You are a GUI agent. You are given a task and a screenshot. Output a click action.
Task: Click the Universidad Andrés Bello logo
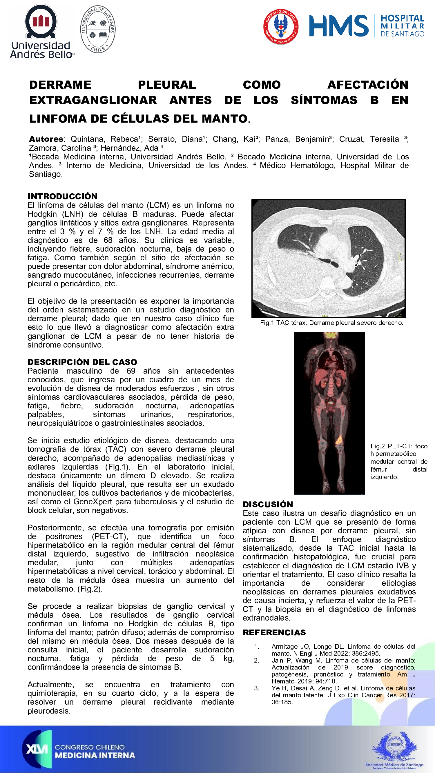41,32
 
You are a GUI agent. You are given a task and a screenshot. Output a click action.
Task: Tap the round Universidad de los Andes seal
97,29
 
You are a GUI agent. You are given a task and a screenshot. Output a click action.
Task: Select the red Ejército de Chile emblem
281,26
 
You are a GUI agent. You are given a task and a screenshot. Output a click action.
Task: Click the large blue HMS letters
339,26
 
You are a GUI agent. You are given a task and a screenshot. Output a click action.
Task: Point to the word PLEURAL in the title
167,85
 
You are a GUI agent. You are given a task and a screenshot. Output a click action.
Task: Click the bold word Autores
46,139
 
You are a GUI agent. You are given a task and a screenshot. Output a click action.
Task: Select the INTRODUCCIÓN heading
62,196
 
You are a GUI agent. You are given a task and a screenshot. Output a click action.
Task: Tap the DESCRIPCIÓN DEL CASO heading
82,362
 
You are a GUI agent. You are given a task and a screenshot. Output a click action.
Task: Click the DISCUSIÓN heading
268,504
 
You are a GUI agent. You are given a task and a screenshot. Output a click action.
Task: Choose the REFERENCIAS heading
274,632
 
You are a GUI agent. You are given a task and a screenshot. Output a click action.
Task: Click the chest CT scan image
329,258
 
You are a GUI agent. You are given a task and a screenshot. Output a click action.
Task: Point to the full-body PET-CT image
329,413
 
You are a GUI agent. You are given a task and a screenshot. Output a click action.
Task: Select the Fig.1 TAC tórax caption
331,323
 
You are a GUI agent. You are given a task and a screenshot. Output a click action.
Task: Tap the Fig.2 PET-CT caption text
399,461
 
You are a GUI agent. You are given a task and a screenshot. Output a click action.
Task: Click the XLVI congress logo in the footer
37,749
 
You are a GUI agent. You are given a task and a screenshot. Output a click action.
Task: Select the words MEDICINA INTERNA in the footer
95,756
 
